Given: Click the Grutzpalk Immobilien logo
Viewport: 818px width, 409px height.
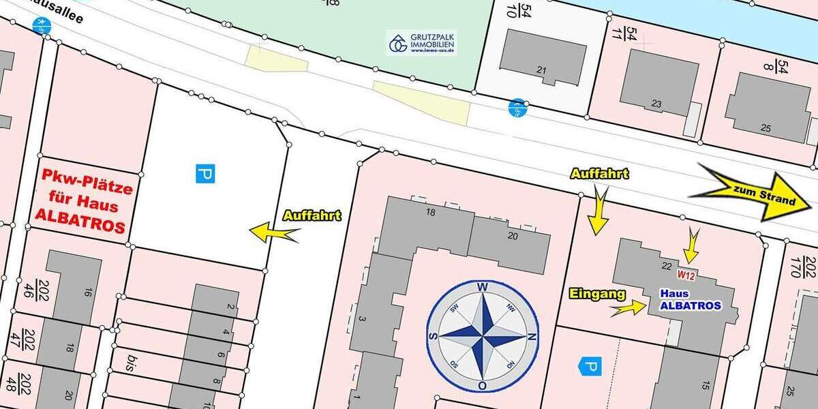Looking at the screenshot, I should point(421,42).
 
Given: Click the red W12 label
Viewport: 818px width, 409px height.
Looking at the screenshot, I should point(685,275).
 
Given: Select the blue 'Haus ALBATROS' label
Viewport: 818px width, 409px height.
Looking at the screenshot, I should point(691,300).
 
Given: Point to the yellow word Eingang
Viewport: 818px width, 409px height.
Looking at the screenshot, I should point(597,294).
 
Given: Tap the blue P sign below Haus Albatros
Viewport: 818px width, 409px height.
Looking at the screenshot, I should point(590,367).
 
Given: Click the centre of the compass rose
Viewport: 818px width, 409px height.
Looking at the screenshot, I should point(483,337).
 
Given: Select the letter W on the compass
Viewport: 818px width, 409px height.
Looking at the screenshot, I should point(483,287).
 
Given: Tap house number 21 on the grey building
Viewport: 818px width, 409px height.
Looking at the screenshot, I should point(542,70).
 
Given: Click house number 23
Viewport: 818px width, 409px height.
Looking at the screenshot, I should point(656,104).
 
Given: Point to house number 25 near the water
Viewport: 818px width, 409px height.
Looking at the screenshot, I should point(766,128).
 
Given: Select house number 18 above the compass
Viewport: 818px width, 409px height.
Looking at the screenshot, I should point(430,211).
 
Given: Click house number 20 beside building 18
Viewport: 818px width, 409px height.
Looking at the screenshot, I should point(513,236).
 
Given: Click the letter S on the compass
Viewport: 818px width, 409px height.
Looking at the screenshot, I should point(431,337).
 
